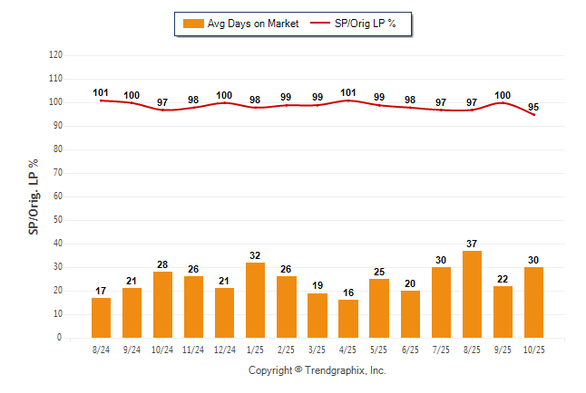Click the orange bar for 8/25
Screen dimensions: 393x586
coord(471,294)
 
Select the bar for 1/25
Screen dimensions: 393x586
coord(255,300)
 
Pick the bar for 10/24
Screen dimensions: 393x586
coord(162,304)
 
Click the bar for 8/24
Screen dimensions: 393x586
coord(101,318)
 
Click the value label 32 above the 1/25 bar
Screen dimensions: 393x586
coord(255,254)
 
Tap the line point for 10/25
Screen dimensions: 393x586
coord(532,115)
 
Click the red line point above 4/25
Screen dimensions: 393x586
coord(347,101)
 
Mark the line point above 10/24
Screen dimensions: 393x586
coord(162,110)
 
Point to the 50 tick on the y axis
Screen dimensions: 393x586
coord(58,220)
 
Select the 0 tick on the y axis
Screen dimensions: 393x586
coord(60,338)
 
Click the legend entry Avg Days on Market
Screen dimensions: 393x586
coord(239,23)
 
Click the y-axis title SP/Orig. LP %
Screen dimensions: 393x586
coord(34,196)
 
